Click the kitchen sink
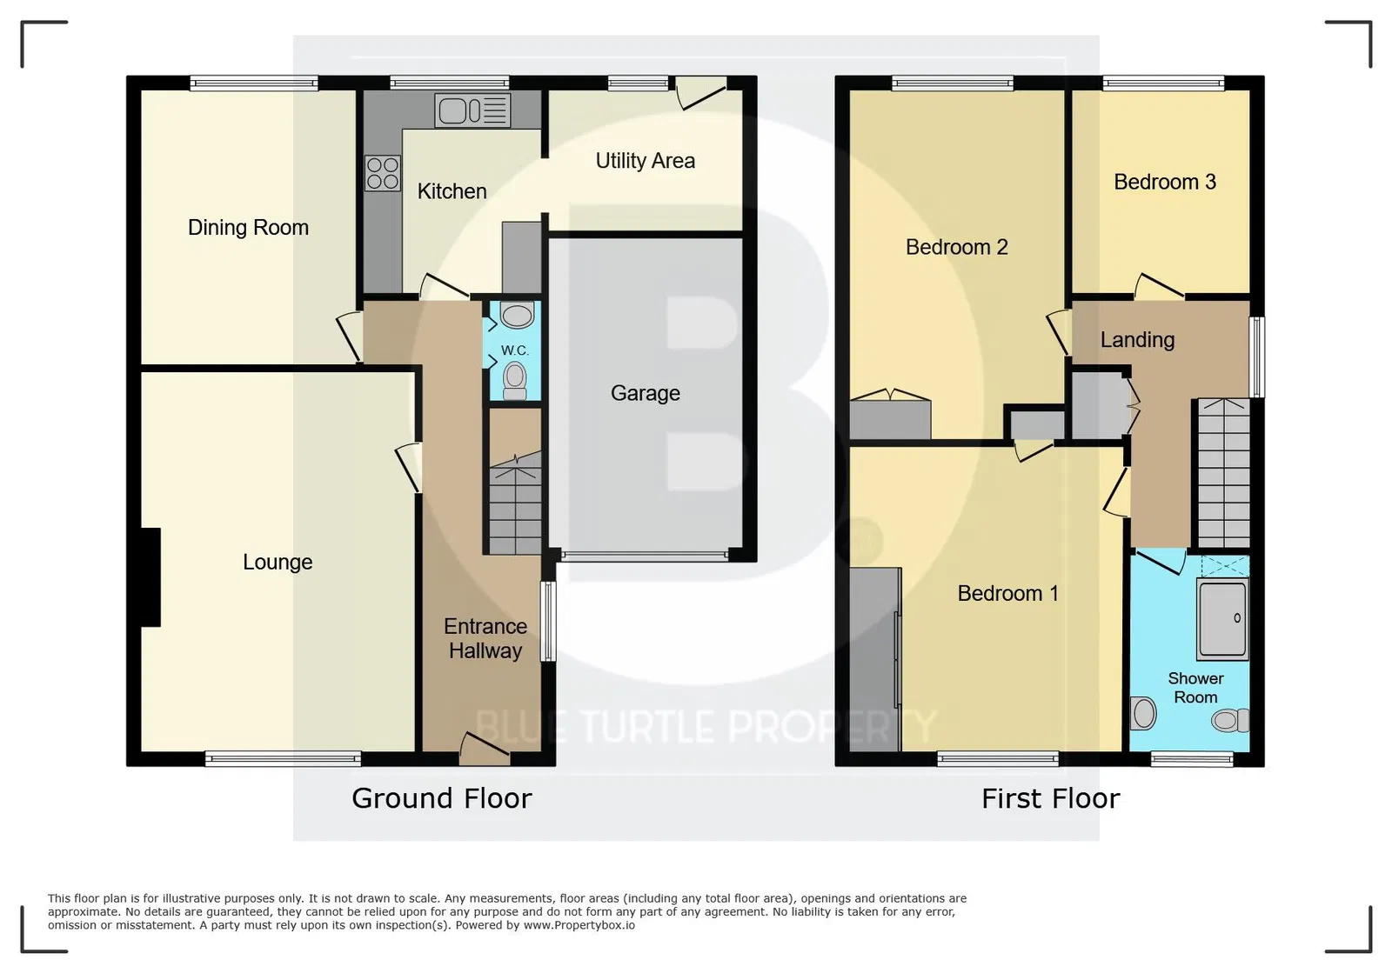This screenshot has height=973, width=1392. [473, 110]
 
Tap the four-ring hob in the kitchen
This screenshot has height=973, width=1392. [382, 173]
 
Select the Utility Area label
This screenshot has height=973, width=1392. [645, 161]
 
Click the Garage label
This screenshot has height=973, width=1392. [645, 393]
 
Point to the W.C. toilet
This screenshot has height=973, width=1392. [514, 381]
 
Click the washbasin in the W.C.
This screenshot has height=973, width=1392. [517, 315]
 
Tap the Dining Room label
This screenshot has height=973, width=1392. [248, 228]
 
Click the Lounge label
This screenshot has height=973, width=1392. [278, 562]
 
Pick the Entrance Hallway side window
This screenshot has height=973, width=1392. [548, 621]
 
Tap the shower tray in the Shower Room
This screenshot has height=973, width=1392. [1222, 618]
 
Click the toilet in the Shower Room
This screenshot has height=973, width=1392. [1230, 720]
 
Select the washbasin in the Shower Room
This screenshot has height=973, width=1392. [1143, 714]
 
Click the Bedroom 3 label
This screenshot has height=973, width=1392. [1165, 182]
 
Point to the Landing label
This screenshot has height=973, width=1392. [1137, 340]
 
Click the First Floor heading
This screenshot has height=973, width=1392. [1050, 798]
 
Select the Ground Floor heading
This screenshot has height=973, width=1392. [442, 798]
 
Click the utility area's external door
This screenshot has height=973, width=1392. [701, 93]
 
